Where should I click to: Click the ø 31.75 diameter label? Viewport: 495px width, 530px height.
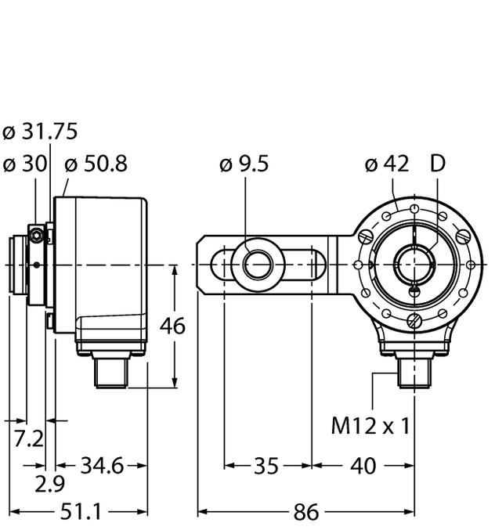click(40, 132)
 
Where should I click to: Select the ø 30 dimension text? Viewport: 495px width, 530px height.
click(25, 164)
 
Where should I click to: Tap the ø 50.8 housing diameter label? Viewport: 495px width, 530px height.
click(96, 164)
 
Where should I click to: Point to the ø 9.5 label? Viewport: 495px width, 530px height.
click(244, 164)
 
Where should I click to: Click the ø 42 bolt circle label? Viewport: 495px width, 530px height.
click(387, 164)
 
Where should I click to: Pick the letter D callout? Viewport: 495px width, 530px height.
click(439, 164)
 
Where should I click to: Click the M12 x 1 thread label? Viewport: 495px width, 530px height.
click(370, 426)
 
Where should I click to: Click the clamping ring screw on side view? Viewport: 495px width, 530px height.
click(35, 233)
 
